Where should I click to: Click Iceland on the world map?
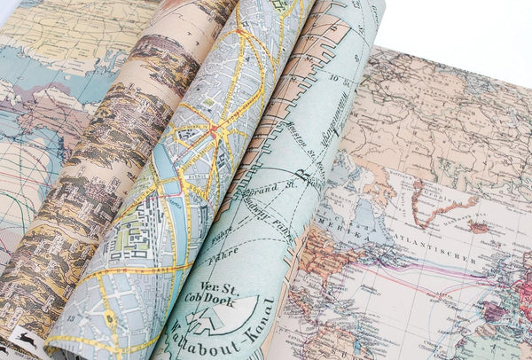pos(480,227)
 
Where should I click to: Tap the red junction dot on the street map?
pos(213,130)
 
